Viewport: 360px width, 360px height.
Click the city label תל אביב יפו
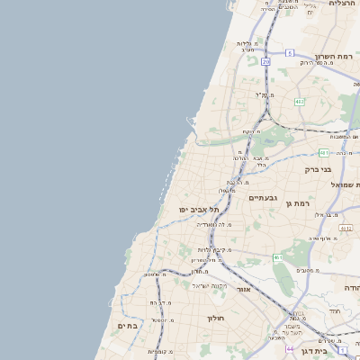coord(194,210)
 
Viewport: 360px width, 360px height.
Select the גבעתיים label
coord(263,197)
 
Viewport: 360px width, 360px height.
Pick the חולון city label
coord(214,318)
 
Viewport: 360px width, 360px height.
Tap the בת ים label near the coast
coord(128,325)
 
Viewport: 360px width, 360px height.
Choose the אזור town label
coord(244,290)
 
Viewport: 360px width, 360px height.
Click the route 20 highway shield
coord(265,61)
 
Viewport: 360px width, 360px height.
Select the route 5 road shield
coord(290,53)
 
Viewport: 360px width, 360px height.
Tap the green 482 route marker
coord(300,102)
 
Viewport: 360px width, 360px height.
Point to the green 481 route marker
coord(323,153)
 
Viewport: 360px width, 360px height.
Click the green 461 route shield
coord(278,257)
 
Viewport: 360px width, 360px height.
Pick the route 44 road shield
coord(290,348)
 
